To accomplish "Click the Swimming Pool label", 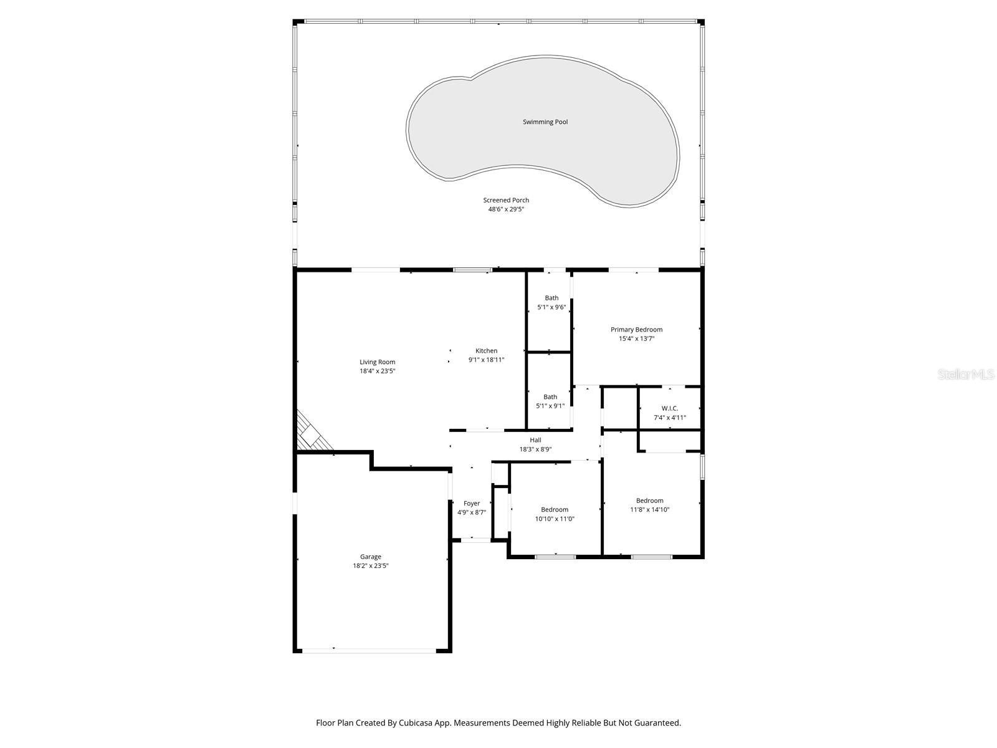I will [x=545, y=122].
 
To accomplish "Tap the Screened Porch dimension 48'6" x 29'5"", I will [x=506, y=209].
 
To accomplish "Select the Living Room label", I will [x=377, y=362].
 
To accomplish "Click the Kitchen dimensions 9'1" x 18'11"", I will [x=486, y=360].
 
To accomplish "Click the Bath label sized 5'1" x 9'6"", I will [x=551, y=298].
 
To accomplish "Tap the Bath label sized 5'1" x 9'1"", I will [x=550, y=397].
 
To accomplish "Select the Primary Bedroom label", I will [x=636, y=330].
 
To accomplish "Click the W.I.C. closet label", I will [x=670, y=408].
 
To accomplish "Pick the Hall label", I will [x=535, y=440].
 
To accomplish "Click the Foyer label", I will [x=472, y=504].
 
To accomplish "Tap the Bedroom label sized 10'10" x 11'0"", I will [x=555, y=510].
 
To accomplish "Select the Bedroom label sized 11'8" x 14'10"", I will [x=649, y=501].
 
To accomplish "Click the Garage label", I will [x=371, y=557].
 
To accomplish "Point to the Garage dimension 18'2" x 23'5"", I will [x=371, y=566].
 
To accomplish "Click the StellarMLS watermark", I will [x=966, y=375].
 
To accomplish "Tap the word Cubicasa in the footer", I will [x=426, y=723].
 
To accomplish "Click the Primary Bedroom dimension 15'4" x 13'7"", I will [x=636, y=339].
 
